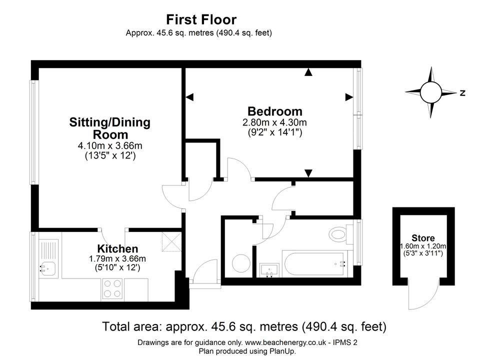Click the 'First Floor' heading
[x=201, y=19]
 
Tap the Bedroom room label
[x=274, y=111]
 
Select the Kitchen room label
[x=117, y=248]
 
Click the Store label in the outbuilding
[x=423, y=238]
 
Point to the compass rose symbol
[x=430, y=92]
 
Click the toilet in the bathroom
[x=340, y=234]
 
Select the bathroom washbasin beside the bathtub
[x=269, y=270]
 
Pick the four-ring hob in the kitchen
[x=112, y=289]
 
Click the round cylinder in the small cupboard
[x=241, y=262]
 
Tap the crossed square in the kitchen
[x=171, y=242]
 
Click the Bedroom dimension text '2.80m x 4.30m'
[x=274, y=122]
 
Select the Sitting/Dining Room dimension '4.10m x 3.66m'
[x=110, y=146]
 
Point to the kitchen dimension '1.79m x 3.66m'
[x=117, y=259]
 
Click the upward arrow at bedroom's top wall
[x=308, y=72]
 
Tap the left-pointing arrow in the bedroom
[x=189, y=97]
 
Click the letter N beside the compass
[x=462, y=93]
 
